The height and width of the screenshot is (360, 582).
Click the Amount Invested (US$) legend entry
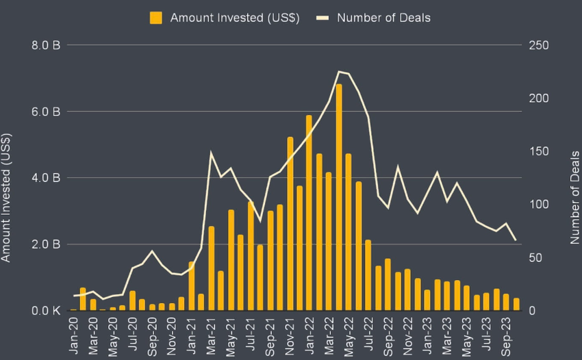point(225,17)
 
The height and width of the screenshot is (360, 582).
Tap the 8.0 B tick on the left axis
point(46,46)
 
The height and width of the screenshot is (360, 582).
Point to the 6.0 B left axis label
point(46,112)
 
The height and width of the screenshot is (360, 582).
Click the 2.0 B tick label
point(46,244)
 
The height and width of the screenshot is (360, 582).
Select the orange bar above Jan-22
point(309,213)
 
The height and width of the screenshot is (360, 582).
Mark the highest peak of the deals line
point(339,71)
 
